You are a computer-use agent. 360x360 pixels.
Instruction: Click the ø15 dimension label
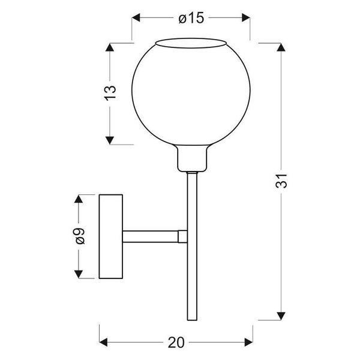pyautogui.click(x=191, y=18)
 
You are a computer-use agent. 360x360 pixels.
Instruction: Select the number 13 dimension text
pyautogui.click(x=109, y=93)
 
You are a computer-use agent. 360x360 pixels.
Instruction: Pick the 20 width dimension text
pyautogui.click(x=175, y=343)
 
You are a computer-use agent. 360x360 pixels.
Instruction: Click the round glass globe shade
pyautogui.click(x=191, y=96)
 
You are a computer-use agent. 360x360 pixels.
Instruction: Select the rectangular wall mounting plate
pyautogui.click(x=111, y=236)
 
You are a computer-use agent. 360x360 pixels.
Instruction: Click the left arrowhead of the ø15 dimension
pyautogui.click(x=136, y=18)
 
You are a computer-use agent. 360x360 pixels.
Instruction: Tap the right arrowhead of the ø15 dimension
pyautogui.click(x=247, y=18)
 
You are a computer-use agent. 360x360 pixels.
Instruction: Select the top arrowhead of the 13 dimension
pyautogui.click(x=109, y=47)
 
